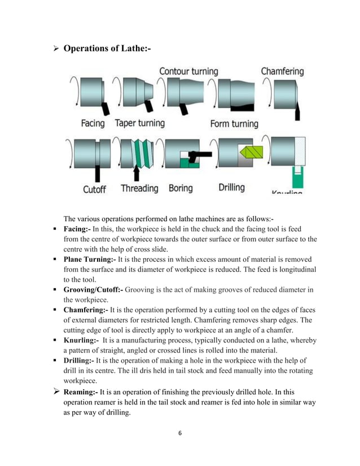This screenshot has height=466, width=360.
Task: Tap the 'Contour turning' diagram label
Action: click(188, 72)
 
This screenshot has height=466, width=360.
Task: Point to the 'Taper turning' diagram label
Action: click(139, 123)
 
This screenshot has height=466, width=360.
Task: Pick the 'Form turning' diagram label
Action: click(234, 123)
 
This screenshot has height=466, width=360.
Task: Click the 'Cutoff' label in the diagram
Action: click(95, 189)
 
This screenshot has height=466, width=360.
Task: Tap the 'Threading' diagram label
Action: click(139, 188)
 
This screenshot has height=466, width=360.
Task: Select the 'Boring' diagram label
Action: click(181, 188)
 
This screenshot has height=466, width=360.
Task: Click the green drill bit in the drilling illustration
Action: click(249, 152)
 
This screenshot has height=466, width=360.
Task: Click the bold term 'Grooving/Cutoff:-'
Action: click(93, 290)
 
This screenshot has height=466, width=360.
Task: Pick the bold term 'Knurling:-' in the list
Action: click(81, 341)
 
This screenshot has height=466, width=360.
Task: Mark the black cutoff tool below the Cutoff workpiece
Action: click(97, 173)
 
